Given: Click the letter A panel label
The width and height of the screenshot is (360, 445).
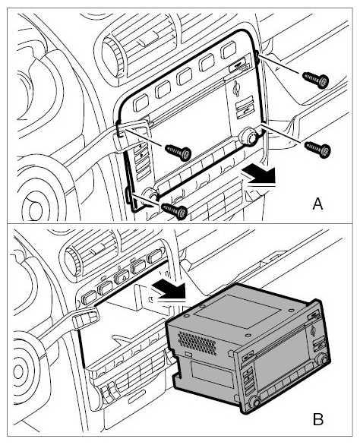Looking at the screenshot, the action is (x=317, y=204).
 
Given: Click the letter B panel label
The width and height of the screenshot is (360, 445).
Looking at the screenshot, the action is (x=318, y=419).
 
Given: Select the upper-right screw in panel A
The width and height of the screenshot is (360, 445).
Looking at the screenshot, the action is (x=316, y=79).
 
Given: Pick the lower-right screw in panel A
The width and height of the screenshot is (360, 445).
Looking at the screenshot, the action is (x=317, y=149).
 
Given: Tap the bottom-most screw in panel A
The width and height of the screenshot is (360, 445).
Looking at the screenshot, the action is (x=175, y=210).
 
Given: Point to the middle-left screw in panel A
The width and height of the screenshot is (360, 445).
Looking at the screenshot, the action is (x=178, y=153).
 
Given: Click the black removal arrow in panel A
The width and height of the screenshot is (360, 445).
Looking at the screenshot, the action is (x=259, y=175).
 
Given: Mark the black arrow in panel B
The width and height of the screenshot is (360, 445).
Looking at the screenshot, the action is (x=169, y=289).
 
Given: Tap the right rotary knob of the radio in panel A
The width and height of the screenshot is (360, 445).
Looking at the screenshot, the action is (x=248, y=137).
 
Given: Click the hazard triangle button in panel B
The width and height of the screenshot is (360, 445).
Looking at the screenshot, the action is (x=122, y=276).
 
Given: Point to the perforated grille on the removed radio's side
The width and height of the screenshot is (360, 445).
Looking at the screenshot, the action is (x=197, y=342).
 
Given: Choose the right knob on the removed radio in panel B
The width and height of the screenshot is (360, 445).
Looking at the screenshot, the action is (x=322, y=360).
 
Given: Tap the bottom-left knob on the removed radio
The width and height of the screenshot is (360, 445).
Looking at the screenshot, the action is (x=253, y=402).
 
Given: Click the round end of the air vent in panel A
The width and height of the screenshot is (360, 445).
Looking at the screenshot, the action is (x=112, y=58).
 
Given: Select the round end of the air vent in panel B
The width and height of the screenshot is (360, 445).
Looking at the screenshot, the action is (x=71, y=261).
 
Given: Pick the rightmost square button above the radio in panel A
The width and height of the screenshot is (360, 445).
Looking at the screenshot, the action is (x=229, y=50).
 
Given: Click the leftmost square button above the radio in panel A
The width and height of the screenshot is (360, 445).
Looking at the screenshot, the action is (x=141, y=103).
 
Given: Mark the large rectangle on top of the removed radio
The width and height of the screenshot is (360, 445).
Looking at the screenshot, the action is (x=237, y=311).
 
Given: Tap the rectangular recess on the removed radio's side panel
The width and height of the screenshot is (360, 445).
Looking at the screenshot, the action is (x=211, y=374).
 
